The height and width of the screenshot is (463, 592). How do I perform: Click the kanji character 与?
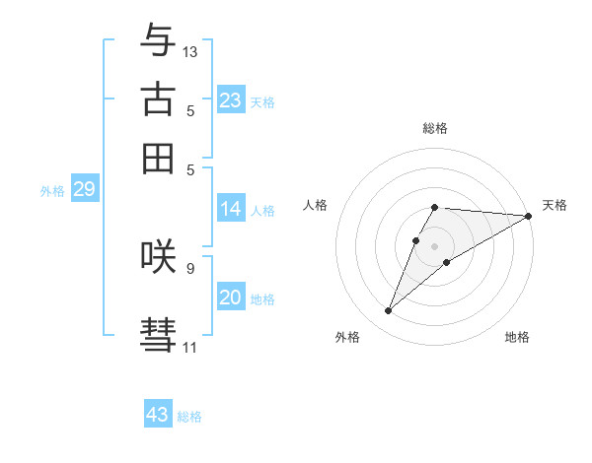tap(158, 40)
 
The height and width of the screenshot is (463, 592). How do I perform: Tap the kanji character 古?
tap(158, 99)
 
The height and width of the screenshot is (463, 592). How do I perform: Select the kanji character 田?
tap(158, 158)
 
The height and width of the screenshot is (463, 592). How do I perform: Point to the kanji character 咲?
tap(158, 255)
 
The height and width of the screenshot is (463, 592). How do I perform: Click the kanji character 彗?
tap(158, 334)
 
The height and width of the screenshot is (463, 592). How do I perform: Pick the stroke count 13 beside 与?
tap(190, 51)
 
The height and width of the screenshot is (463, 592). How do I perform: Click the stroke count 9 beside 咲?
tap(190, 267)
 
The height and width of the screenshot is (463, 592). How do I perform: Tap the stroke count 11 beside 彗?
tap(189, 347)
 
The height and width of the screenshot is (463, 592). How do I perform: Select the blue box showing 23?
tap(231, 100)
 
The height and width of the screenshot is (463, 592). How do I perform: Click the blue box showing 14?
tap(231, 209)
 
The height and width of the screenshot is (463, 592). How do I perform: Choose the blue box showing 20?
tap(231, 298)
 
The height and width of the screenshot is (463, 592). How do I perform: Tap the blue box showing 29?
tap(84, 189)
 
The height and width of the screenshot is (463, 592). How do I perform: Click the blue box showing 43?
tap(158, 415)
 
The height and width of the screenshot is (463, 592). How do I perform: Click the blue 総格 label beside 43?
tap(189, 417)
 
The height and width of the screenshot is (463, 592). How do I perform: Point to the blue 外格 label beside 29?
tap(51, 191)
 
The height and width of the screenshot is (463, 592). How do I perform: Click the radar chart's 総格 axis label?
tap(435, 128)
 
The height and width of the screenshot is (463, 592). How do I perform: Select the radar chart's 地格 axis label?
tap(517, 337)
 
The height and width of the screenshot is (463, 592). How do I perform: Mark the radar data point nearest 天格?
tap(530, 216)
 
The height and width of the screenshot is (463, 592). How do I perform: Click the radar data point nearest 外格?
tap(389, 311)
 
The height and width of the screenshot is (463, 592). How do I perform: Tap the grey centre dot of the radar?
tap(435, 245)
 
